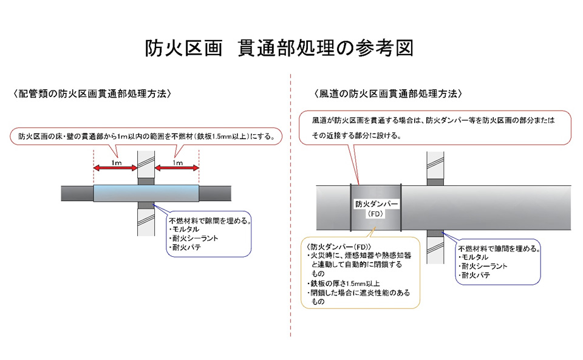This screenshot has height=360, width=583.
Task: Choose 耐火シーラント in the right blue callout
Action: click(484, 267)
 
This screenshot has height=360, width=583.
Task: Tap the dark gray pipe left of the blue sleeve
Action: click(76, 193)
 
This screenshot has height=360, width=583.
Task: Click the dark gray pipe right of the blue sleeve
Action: click(217, 193)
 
